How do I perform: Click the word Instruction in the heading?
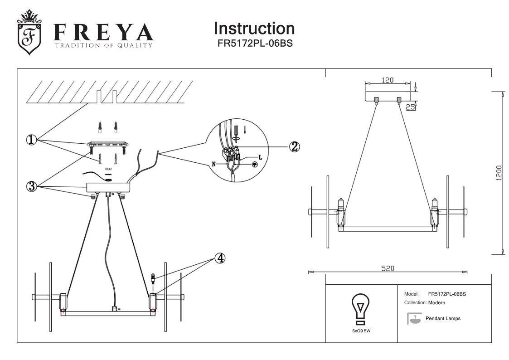tap(254, 29)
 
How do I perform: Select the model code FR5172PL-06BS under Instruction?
tap(254, 44)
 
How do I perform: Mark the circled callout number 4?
tap(219, 258)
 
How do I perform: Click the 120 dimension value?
tap(387, 80)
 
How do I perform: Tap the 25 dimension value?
tap(410, 107)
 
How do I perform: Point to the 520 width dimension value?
tap(387, 268)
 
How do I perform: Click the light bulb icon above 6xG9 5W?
tap(361, 309)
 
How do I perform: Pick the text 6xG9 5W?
tap(361, 331)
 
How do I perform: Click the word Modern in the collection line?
tap(437, 302)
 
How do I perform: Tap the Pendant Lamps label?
tap(443, 318)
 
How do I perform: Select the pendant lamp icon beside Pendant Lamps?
tap(413, 318)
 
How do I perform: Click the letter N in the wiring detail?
tap(213, 164)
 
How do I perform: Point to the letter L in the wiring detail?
tap(260, 157)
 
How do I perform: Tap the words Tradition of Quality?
tap(103, 45)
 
